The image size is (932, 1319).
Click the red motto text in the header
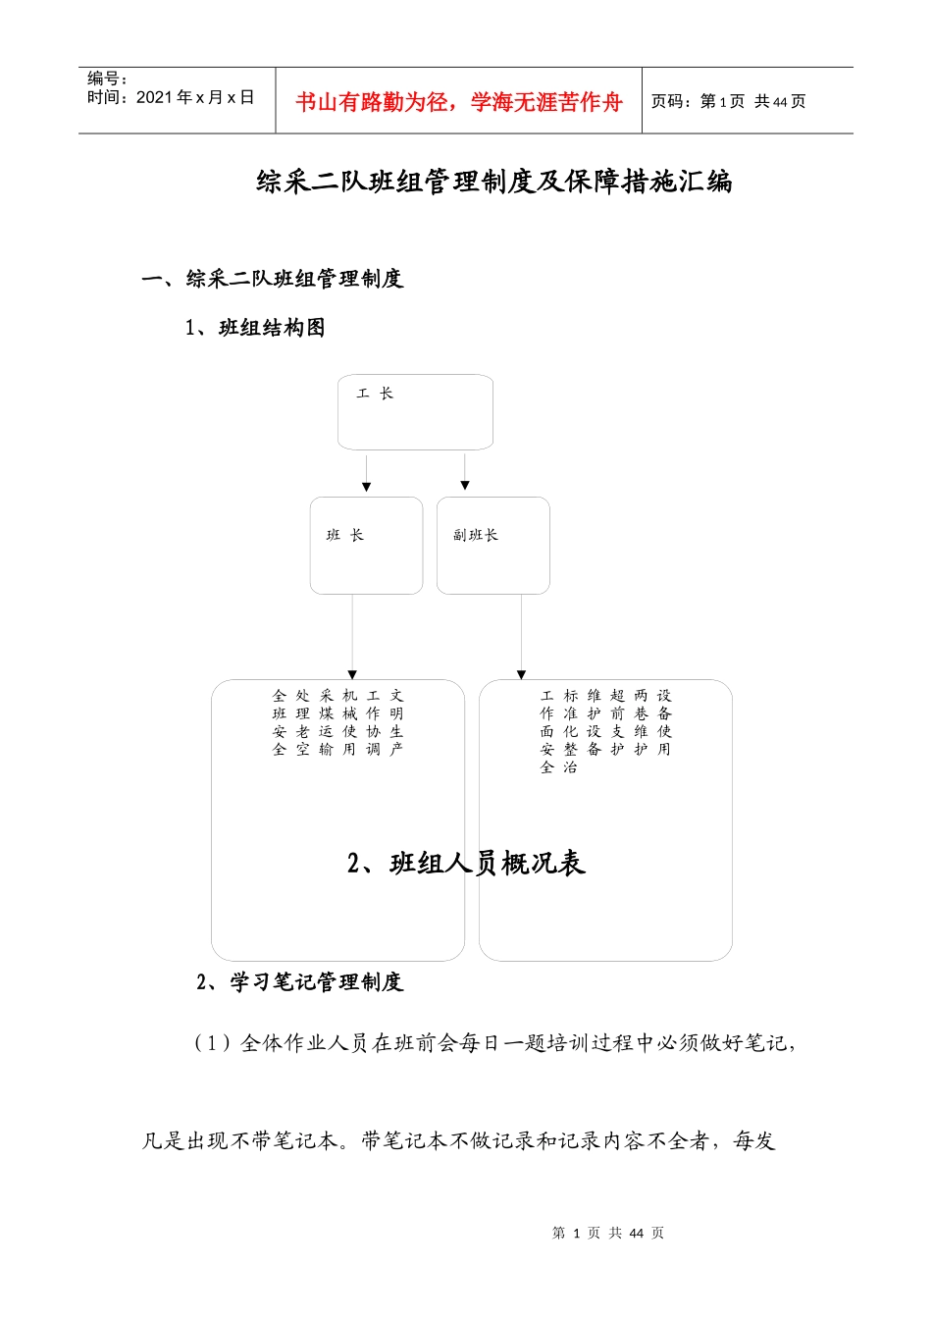(458, 102)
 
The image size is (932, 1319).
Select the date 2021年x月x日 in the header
(195, 97)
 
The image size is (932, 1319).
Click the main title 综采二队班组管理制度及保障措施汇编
(493, 182)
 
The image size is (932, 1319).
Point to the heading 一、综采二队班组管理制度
(272, 279)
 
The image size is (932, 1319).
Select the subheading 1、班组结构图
(255, 328)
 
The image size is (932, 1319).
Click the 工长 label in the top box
(375, 394)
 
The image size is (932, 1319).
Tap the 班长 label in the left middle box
(345, 535)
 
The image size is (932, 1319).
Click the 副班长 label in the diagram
(476, 535)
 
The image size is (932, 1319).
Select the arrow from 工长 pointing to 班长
(366, 472)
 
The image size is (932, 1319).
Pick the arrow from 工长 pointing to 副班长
(465, 472)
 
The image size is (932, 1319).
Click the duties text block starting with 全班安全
(337, 722)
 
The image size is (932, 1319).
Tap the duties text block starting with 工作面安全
(605, 731)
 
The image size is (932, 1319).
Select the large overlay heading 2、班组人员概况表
(466, 864)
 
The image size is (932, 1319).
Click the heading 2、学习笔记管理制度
(299, 982)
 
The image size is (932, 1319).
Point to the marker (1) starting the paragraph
(212, 1043)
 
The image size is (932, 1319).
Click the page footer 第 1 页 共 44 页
(608, 1233)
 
